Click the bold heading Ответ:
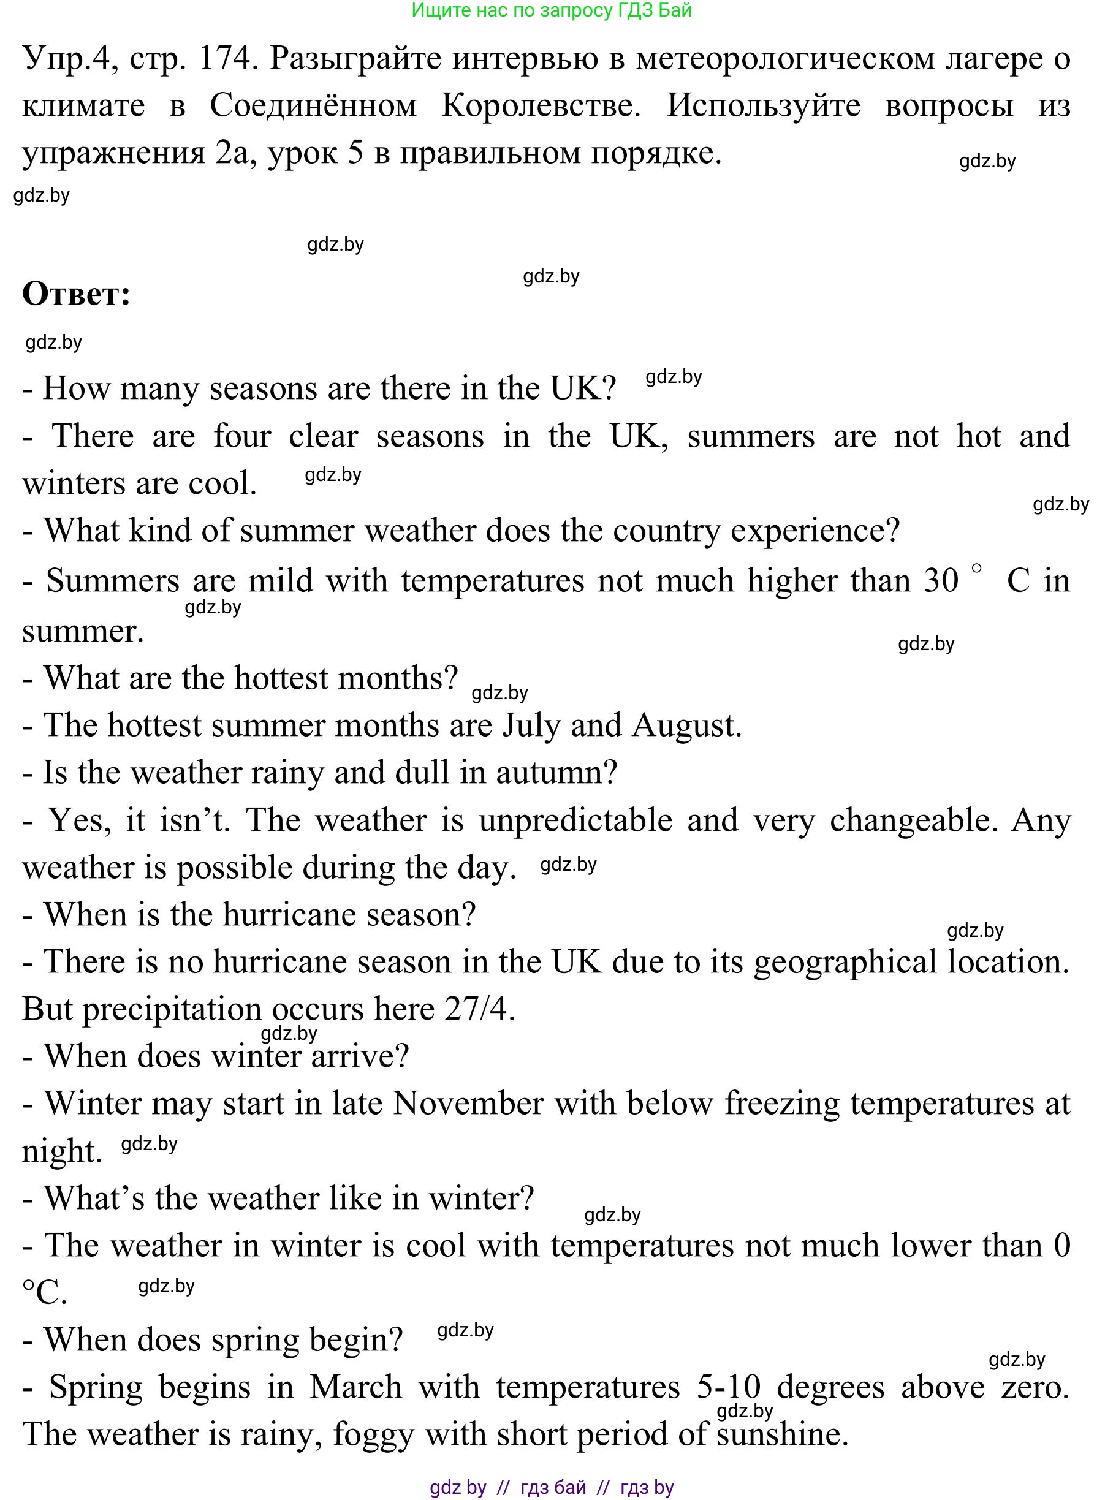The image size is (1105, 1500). [76, 294]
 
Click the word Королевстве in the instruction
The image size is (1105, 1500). [541, 105]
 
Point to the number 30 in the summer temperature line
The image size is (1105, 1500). [941, 580]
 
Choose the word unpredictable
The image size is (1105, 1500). [575, 820]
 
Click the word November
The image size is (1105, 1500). [468, 1104]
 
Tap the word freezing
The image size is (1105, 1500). [782, 1104]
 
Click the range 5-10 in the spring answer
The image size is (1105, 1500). [729, 1387]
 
